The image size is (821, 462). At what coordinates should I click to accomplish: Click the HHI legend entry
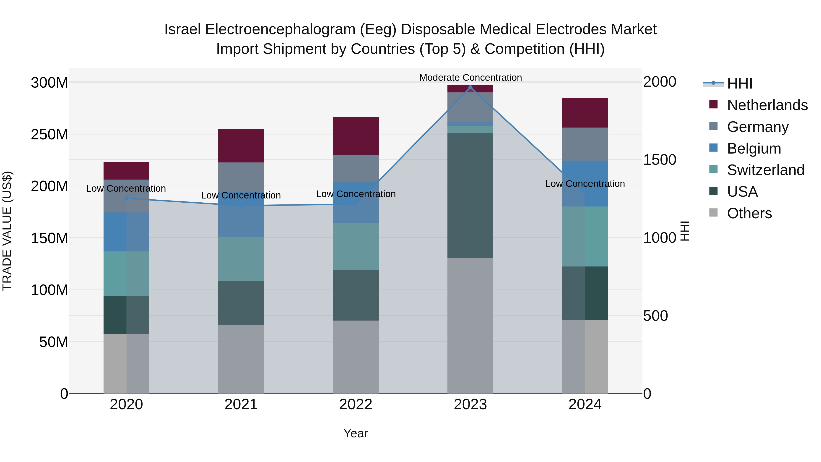click(x=739, y=84)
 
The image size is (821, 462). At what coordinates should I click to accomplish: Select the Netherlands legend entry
click(x=767, y=105)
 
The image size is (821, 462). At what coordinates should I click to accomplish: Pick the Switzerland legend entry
click(x=765, y=170)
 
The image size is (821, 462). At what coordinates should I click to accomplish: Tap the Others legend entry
click(x=749, y=213)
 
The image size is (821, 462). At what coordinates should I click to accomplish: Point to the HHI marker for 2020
click(x=127, y=198)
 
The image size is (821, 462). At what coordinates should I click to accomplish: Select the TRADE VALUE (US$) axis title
click(x=7, y=231)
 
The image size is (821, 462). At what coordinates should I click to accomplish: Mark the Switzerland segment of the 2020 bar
click(x=127, y=274)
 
